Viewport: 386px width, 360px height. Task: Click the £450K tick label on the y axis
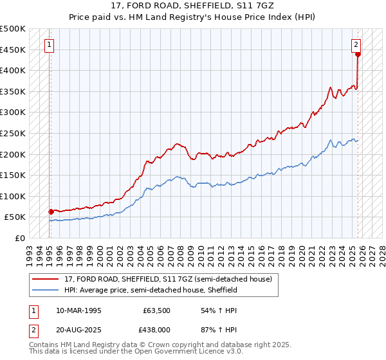pyautogui.click(x=13, y=50)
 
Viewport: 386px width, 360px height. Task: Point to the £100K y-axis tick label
pyautogui.click(x=13, y=196)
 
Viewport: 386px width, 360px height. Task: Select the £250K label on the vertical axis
pyautogui.click(x=13, y=133)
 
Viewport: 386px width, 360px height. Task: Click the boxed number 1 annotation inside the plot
pyautogui.click(x=50, y=45)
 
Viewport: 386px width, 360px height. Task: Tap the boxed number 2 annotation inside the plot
pyautogui.click(x=356, y=44)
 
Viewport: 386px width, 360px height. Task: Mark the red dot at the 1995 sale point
pyautogui.click(x=51, y=211)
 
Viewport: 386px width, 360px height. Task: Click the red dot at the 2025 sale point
pyautogui.click(x=358, y=54)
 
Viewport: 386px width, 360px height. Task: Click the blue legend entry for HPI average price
pyautogui.click(x=151, y=290)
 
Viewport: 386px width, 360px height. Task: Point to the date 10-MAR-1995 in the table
pyautogui.click(x=78, y=310)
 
